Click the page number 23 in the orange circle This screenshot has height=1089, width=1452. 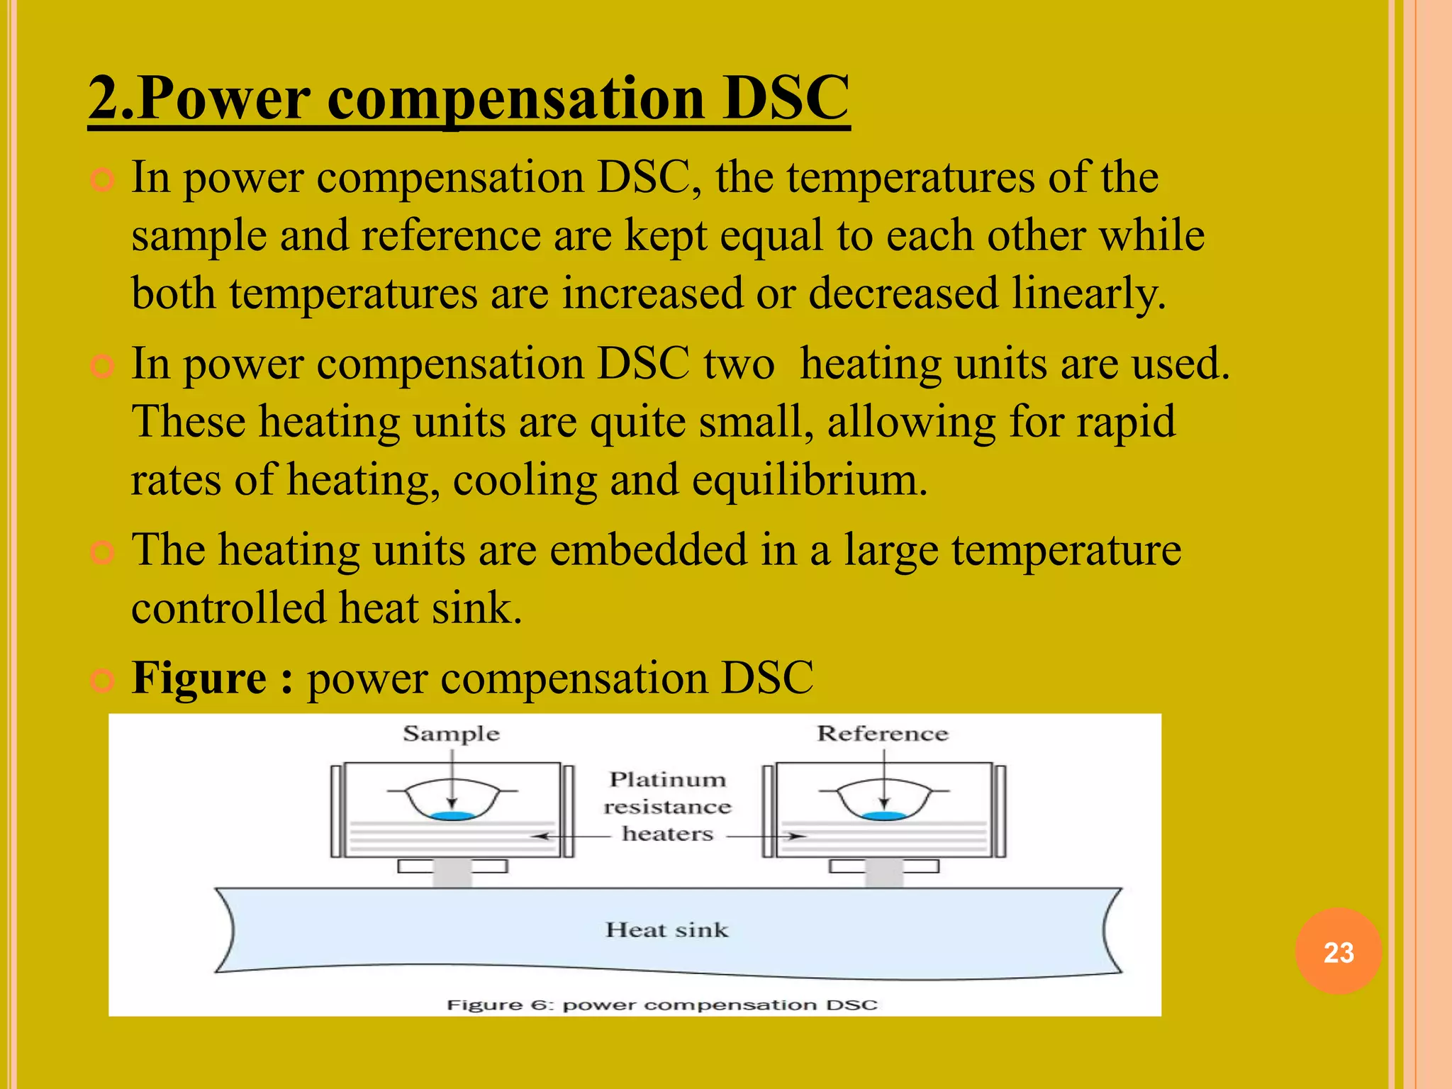[x=1338, y=952]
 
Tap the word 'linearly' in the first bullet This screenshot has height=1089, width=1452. [x=1088, y=293]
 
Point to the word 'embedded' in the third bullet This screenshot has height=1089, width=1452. [x=648, y=550]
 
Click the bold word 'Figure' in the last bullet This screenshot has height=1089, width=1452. [x=199, y=678]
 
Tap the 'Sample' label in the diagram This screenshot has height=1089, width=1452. [x=451, y=734]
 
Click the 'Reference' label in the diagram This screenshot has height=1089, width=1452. [x=882, y=734]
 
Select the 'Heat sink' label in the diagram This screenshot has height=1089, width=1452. [x=666, y=929]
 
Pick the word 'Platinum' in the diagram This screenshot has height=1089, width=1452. [x=667, y=780]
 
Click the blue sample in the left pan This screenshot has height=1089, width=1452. [x=452, y=816]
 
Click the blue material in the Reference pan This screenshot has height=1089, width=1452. [x=883, y=816]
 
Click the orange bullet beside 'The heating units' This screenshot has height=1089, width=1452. [x=103, y=552]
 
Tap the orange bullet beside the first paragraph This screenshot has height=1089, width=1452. [x=103, y=180]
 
